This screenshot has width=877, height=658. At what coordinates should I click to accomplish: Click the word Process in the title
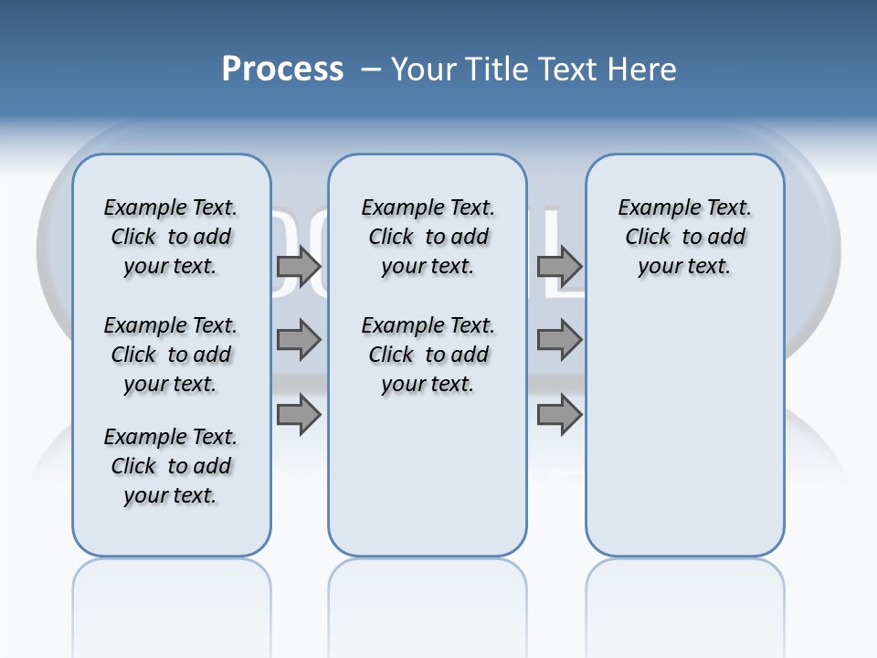[282, 69]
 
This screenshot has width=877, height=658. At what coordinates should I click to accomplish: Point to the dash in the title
[371, 69]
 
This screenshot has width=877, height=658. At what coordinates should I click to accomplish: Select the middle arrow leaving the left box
[299, 340]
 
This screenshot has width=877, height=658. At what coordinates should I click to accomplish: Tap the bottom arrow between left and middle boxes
[299, 415]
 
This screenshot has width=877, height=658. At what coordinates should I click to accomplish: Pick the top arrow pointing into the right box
[559, 266]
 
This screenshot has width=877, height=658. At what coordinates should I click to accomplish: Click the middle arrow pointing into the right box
[559, 340]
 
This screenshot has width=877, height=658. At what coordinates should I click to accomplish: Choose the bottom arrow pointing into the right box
[559, 415]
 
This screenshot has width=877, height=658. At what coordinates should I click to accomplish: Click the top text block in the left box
[171, 237]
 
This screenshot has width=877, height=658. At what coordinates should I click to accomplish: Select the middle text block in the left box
[171, 355]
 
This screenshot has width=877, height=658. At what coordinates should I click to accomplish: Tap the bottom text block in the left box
[171, 466]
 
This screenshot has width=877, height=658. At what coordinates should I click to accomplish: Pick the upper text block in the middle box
[428, 237]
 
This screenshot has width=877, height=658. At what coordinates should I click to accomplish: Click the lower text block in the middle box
[428, 355]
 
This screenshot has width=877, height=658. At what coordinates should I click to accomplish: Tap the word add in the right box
[726, 238]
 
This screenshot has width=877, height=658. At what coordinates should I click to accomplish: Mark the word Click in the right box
[648, 238]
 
